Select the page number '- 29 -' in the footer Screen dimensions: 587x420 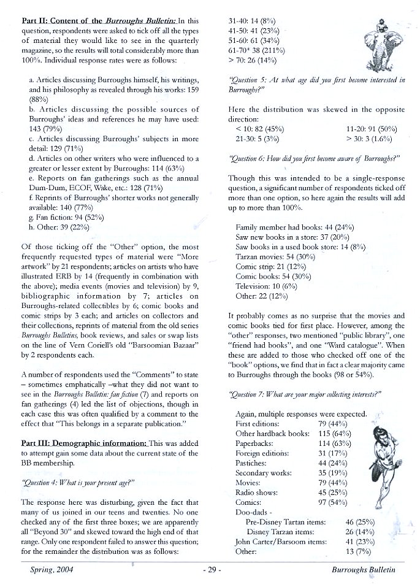click(210, 570)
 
